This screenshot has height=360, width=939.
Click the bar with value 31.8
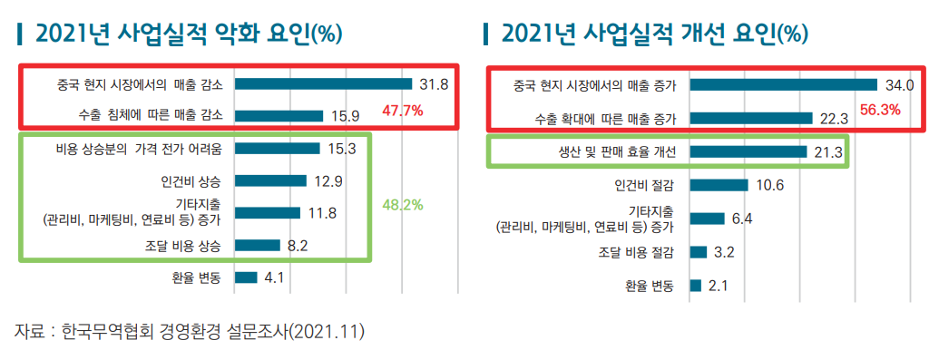tap(323, 83)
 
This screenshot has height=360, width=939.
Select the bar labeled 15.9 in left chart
tap(279, 115)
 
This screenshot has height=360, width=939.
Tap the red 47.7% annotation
tap(403, 112)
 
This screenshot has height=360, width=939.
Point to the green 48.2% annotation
tap(403, 205)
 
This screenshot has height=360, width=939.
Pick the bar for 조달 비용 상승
tap(258, 245)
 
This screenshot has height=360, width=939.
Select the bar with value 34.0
tap(784, 84)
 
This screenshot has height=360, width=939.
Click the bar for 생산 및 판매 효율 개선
tap(748, 151)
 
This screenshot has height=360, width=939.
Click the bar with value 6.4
tap(708, 219)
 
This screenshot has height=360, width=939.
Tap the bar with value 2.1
tap(696, 286)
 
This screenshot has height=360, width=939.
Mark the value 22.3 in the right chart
tap(833, 118)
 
